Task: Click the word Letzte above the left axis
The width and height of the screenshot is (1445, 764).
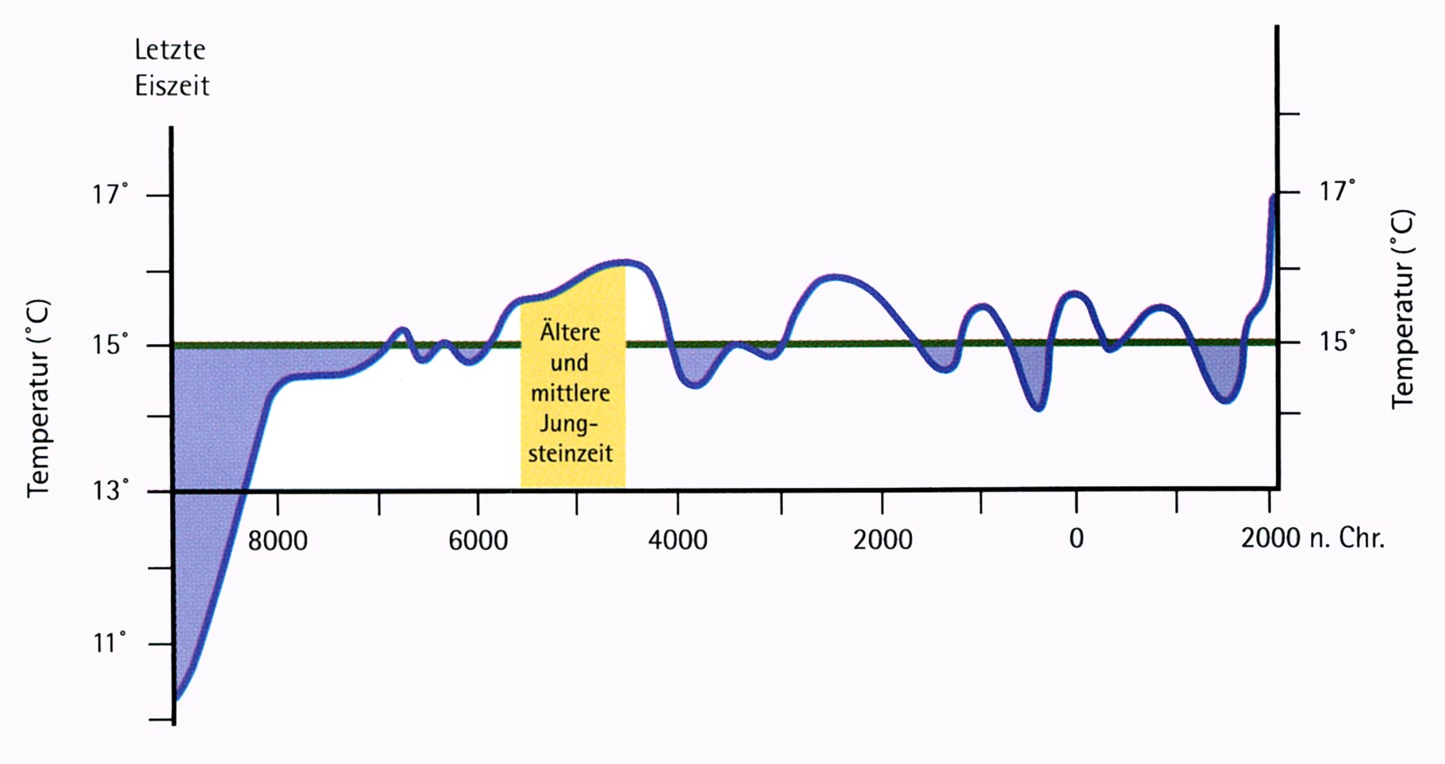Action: tap(170, 50)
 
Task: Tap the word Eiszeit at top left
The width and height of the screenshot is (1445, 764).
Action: tap(172, 86)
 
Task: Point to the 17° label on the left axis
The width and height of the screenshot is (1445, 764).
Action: tap(110, 195)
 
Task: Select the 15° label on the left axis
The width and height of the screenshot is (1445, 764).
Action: tap(110, 345)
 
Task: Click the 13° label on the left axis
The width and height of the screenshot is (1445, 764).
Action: tap(110, 491)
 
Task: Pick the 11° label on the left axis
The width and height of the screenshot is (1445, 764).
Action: tap(110, 643)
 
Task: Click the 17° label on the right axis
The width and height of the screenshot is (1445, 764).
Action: tap(1337, 191)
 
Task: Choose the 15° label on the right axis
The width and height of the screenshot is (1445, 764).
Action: tap(1337, 341)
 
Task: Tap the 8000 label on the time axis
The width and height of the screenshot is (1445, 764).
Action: tap(278, 540)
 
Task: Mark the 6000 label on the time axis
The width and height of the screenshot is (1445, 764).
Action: tap(478, 540)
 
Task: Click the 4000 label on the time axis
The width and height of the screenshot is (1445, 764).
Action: tap(678, 540)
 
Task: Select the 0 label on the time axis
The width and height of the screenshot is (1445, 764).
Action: tap(1076, 538)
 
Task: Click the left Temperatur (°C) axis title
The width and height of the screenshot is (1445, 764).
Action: tap(38, 398)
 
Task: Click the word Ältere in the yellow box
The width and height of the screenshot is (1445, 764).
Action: tap(570, 331)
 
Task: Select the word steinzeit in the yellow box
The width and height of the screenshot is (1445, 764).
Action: tap(570, 453)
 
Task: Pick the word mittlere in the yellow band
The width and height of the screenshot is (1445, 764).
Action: tap(570, 393)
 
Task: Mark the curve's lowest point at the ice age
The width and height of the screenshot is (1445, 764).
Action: tap(177, 697)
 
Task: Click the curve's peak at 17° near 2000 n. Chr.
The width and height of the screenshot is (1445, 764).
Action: tap(1273, 197)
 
